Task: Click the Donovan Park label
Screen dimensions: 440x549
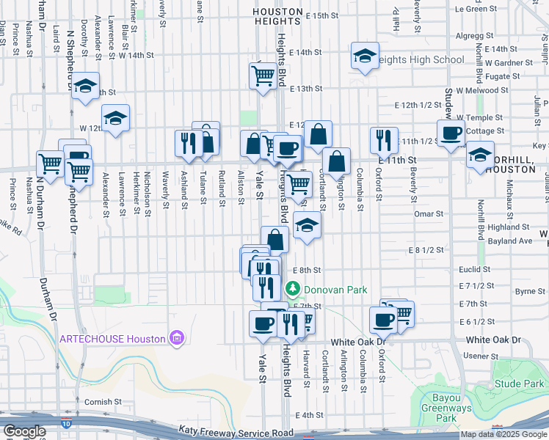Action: click(335, 290)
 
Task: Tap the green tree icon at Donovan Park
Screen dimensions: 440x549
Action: click(294, 290)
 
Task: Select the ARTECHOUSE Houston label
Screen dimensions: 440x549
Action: click(112, 338)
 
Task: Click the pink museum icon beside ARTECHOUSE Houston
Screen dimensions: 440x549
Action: click(176, 338)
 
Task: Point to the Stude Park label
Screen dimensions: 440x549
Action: click(519, 384)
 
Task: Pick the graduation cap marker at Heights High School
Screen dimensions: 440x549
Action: click(365, 56)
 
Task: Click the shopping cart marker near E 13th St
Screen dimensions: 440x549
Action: click(263, 74)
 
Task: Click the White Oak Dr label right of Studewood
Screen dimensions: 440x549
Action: click(493, 340)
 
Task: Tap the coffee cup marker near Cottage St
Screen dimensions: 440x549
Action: click(450, 132)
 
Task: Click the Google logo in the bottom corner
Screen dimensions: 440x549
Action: click(24, 431)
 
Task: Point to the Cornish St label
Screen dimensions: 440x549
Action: click(102, 402)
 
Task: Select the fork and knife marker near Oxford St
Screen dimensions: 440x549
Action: click(383, 139)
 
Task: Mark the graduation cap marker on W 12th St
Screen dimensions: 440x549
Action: click(115, 118)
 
